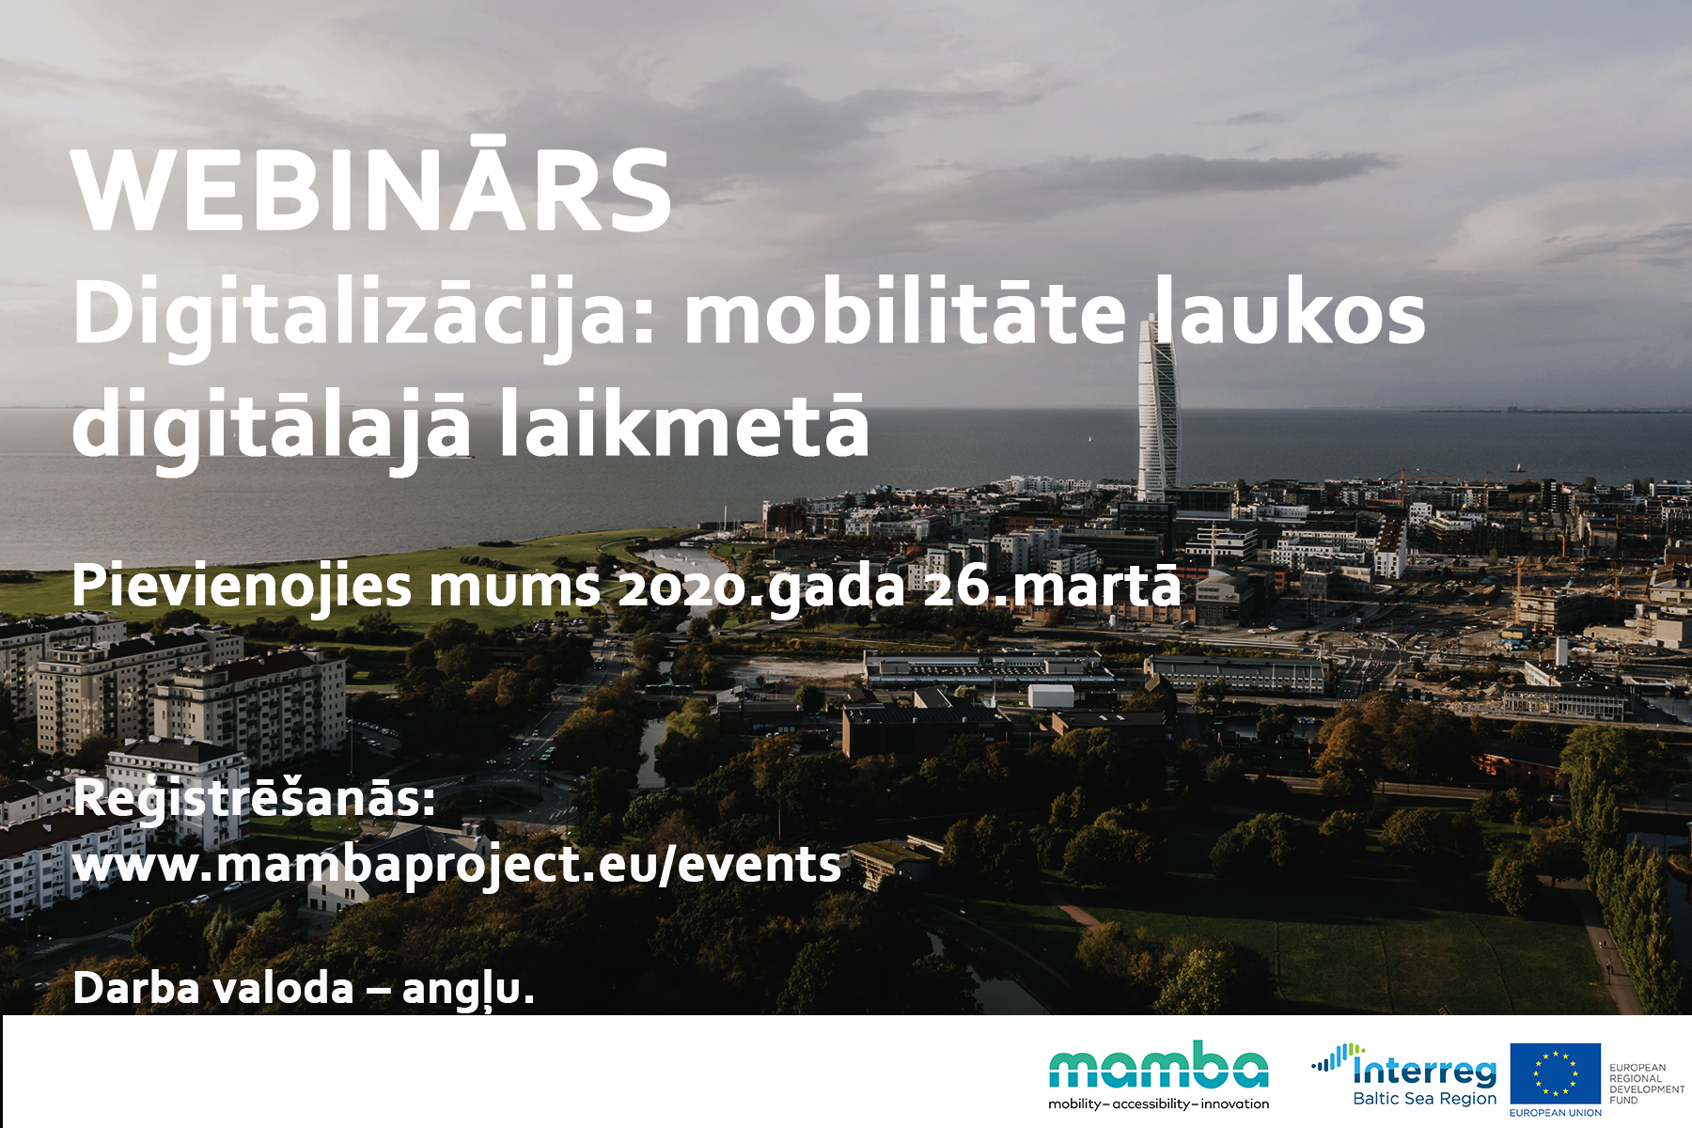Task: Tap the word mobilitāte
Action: click(904, 312)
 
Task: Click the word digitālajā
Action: click(272, 430)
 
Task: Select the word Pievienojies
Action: click(242, 587)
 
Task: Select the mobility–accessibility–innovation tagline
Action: click(1158, 1104)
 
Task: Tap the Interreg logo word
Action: click(1424, 1071)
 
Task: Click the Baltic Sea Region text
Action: click(1424, 1098)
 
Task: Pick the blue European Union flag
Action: click(1556, 1073)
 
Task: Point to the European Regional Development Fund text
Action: click(1647, 1084)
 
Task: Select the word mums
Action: click(514, 587)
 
